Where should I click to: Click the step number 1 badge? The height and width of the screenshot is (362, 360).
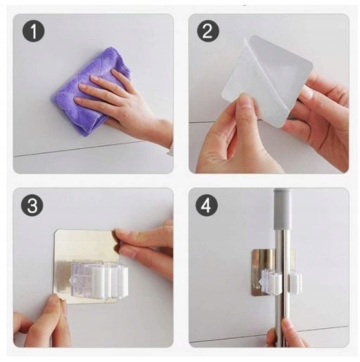[33, 31]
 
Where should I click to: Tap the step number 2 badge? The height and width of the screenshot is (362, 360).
[207, 31]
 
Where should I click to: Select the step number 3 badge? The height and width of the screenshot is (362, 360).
[32, 205]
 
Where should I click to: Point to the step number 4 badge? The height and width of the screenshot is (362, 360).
[207, 206]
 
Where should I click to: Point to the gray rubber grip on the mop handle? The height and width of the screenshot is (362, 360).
[283, 209]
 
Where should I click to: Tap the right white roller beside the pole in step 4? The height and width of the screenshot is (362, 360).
[295, 281]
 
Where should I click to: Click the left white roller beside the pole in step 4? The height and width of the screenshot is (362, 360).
[275, 282]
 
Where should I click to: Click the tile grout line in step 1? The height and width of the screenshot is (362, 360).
[77, 149]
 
